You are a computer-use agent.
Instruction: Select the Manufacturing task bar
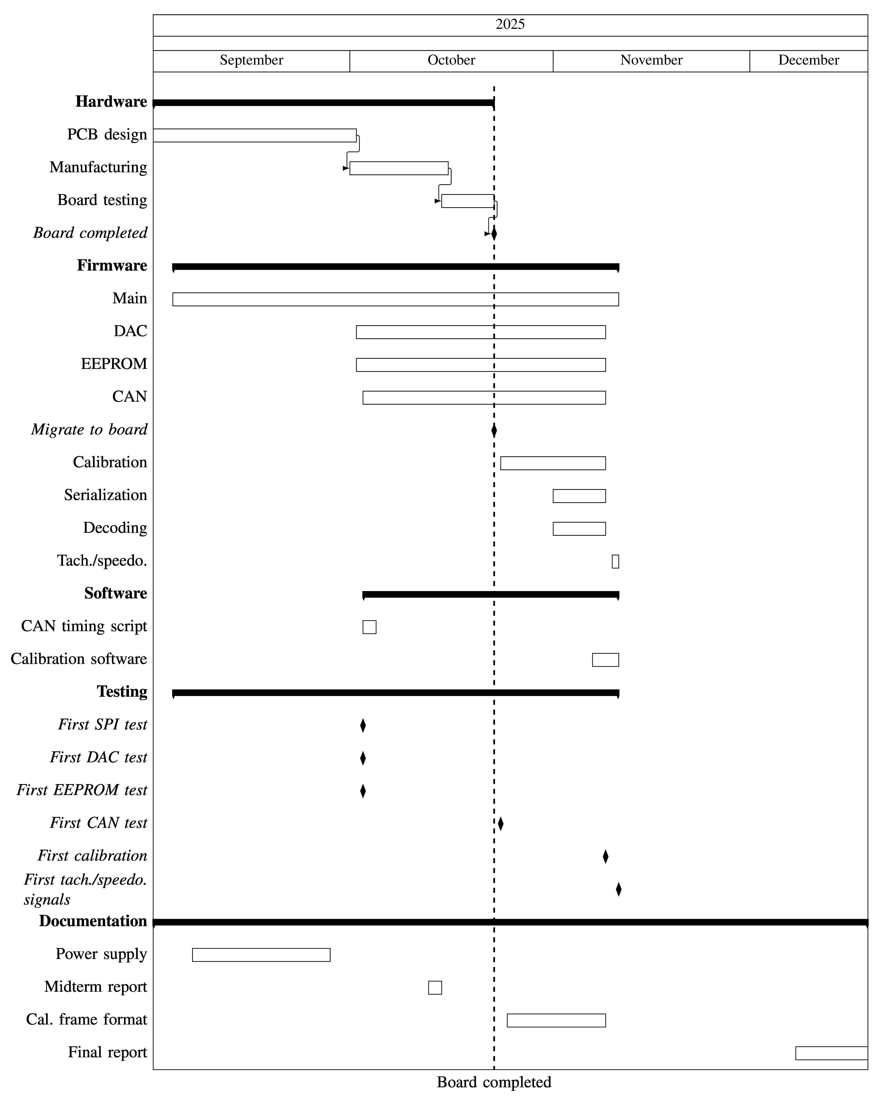399,168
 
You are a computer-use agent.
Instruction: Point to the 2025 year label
510,24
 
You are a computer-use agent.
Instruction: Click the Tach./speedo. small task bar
615,561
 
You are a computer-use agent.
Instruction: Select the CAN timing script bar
370,627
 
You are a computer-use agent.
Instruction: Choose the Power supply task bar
261,955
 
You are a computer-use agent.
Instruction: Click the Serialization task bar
579,496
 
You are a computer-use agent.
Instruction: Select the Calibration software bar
606,660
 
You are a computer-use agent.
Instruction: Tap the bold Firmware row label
112,266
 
